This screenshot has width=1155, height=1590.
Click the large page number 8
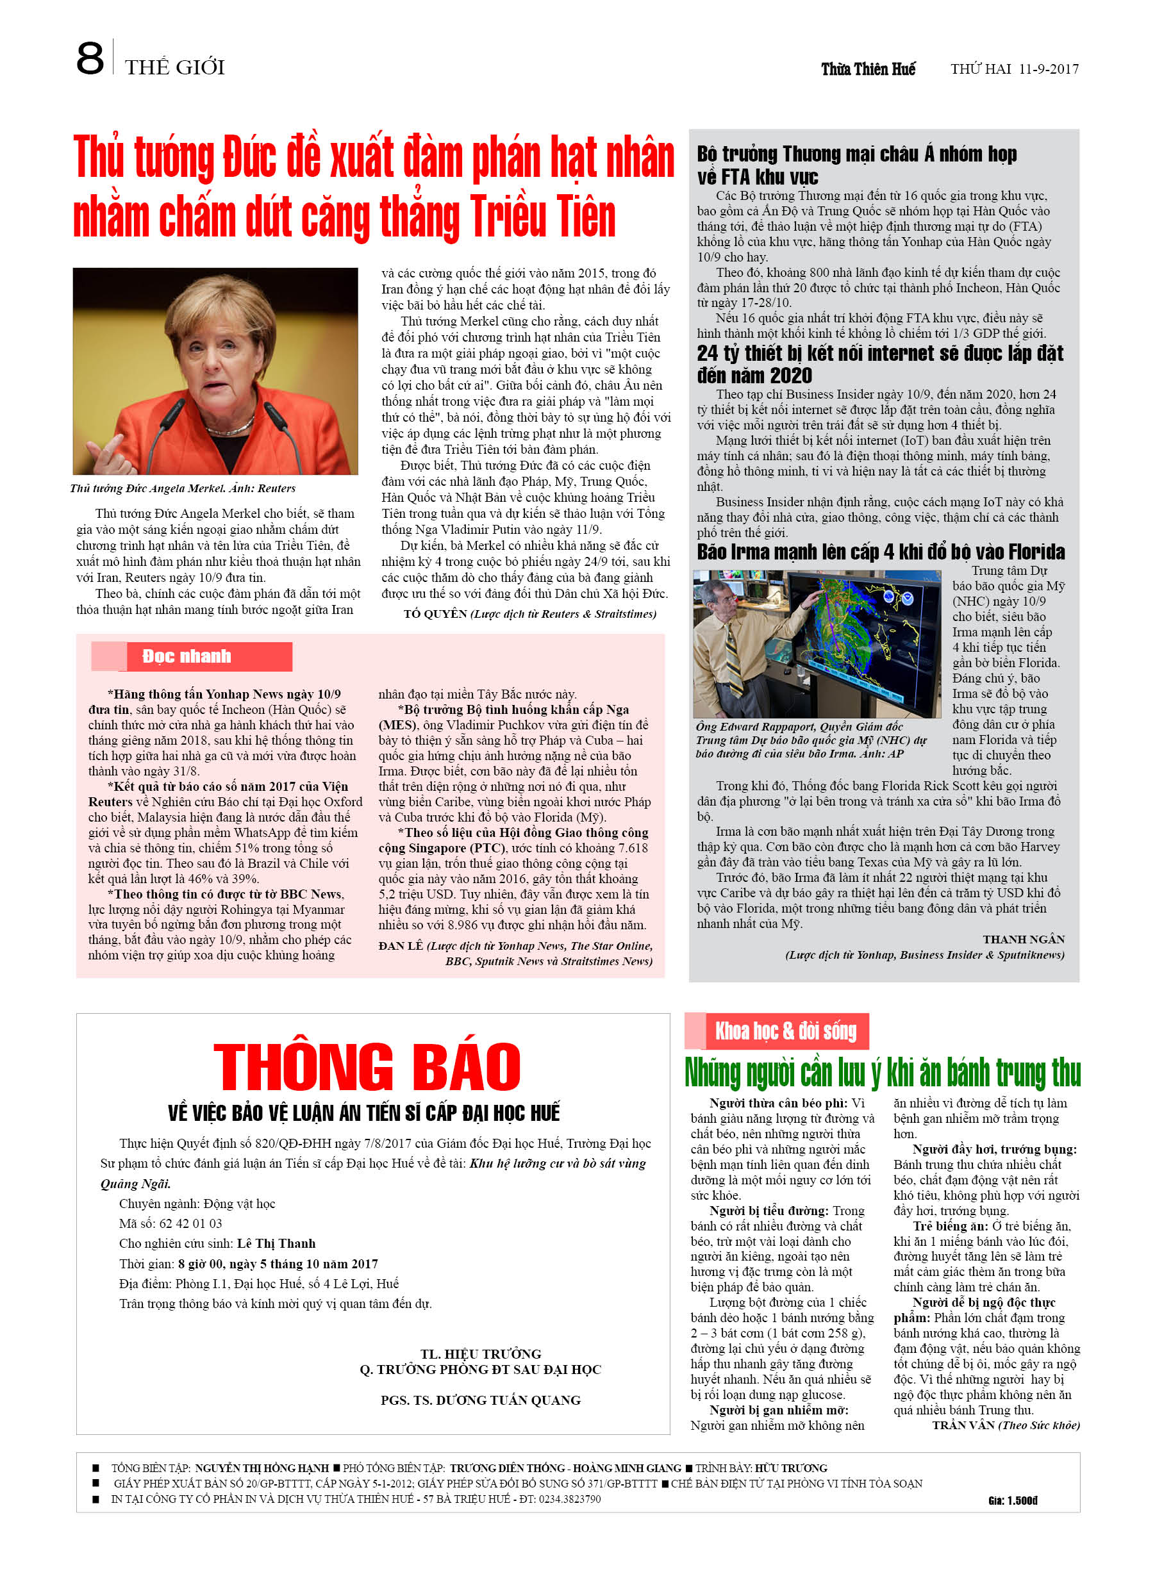pos(90,59)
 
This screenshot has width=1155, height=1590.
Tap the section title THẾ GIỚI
pos(174,68)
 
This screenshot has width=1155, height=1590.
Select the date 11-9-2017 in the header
pos(1049,69)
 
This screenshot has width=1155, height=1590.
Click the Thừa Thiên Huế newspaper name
pos(868,69)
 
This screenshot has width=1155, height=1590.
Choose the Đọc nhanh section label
pos(187,656)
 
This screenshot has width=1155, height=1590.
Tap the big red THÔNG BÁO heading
pos(367,1066)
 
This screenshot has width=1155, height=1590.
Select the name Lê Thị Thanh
pos(276,1243)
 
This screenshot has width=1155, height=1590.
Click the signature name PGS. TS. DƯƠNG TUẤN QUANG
pos(480,1400)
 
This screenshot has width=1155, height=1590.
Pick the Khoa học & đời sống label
pos(785,1031)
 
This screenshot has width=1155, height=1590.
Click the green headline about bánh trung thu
pos(882,1073)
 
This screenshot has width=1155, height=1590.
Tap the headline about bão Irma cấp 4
pos(880,552)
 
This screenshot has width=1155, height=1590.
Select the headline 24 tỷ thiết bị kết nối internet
pos(879,364)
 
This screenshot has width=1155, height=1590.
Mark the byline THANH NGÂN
pos(1023,940)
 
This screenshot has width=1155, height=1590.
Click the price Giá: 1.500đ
pos(1012,1500)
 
